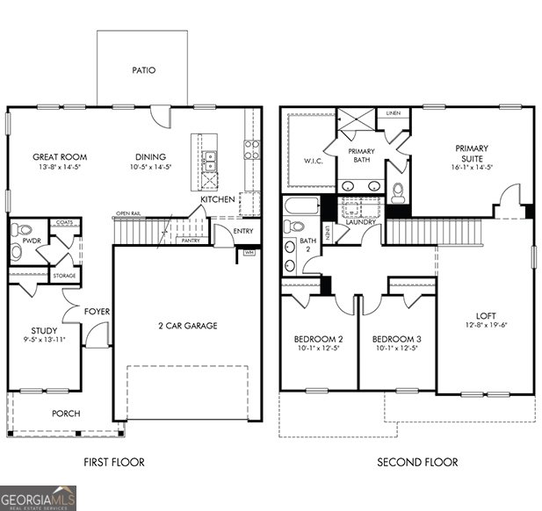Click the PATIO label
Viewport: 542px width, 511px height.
(x=143, y=70)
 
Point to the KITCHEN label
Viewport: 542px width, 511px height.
(x=217, y=200)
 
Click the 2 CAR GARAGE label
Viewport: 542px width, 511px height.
(x=188, y=326)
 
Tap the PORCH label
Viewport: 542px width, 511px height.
(x=65, y=414)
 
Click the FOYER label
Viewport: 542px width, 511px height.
(x=96, y=312)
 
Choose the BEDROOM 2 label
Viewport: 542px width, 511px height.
(x=318, y=339)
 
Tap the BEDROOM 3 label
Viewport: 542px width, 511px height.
(x=396, y=339)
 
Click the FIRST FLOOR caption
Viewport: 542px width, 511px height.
(x=114, y=463)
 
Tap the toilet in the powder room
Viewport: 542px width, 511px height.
(x=17, y=252)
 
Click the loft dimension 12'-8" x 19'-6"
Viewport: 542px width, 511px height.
(x=486, y=326)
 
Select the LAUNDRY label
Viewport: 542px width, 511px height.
(x=360, y=222)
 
